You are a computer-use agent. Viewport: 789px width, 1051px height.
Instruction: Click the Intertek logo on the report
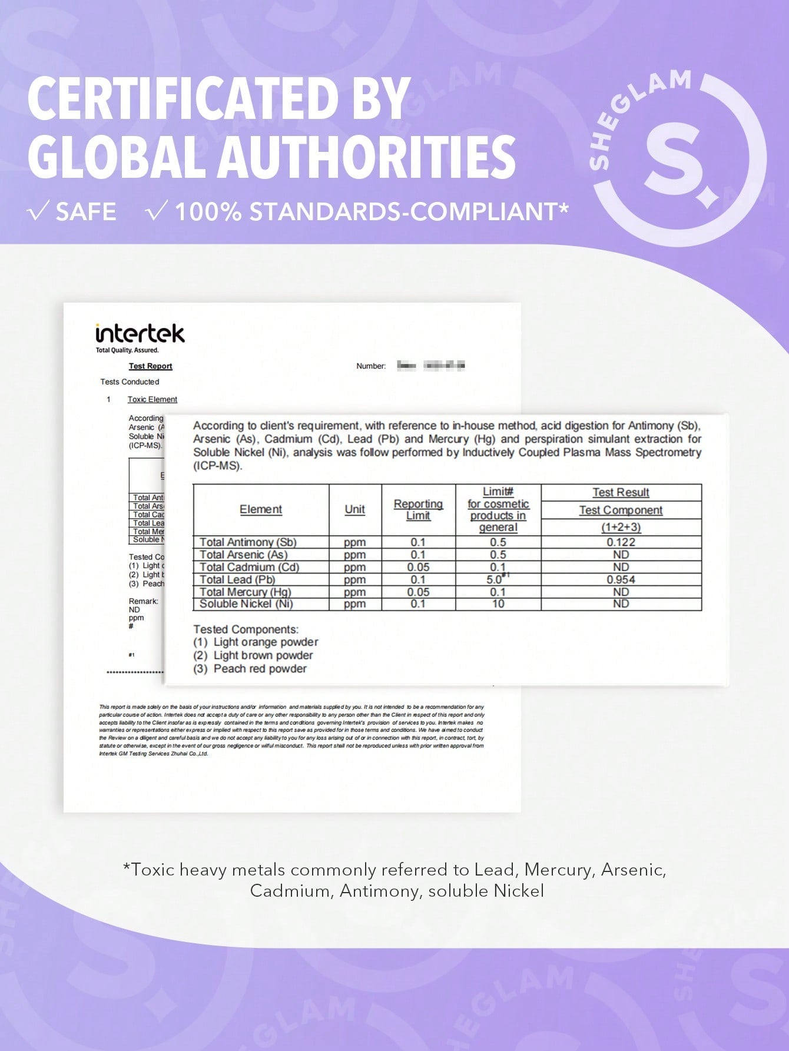tap(140, 334)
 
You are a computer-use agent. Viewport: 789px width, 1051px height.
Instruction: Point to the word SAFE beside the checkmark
tap(85, 212)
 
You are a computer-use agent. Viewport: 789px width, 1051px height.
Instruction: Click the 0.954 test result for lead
tap(621, 579)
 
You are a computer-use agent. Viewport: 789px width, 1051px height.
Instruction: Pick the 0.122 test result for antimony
tap(621, 542)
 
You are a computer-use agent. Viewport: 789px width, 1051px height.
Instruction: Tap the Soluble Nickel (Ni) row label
tap(246, 604)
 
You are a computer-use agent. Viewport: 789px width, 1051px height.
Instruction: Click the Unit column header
tap(354, 509)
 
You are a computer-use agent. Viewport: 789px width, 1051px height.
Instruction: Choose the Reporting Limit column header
tap(418, 509)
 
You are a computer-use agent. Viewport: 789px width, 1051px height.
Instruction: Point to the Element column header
tap(261, 509)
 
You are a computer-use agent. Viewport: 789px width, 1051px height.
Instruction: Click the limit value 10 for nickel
tap(498, 604)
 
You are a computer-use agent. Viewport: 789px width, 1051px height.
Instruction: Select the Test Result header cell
tap(621, 492)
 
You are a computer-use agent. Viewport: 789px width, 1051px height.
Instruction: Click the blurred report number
tap(431, 366)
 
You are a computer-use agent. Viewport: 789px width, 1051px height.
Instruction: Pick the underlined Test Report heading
tap(150, 366)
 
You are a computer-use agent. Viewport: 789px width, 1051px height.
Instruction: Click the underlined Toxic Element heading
tap(152, 399)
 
